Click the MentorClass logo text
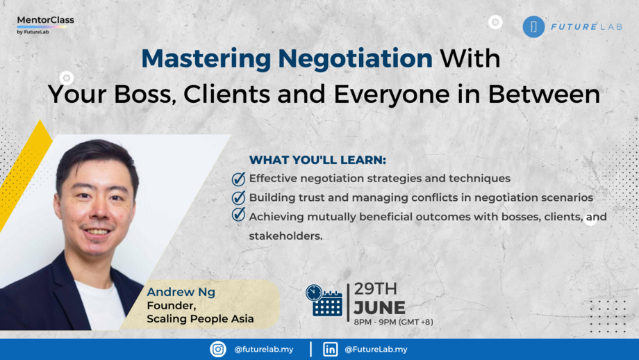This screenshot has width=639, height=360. tap(45, 20)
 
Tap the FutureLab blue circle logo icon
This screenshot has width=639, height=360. tap(533, 26)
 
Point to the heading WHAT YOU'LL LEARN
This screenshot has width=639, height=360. tap(317, 159)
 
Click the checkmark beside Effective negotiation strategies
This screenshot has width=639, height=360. tap(238, 179)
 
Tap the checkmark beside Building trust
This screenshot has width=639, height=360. tap(238, 197)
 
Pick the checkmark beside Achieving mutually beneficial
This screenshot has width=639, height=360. tap(238, 215)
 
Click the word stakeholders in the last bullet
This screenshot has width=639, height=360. tap(286, 236)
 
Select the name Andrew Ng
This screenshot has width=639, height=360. tap(181, 292)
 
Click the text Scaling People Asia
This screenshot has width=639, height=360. tap(200, 319)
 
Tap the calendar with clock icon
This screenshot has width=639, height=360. tap(324, 300)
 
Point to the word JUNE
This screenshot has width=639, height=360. tap(379, 306)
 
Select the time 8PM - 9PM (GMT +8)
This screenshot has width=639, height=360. tap(394, 322)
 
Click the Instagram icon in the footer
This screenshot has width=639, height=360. tap(218, 350)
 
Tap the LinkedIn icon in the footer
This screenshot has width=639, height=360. tap(331, 350)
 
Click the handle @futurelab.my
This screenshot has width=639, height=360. tap(263, 350)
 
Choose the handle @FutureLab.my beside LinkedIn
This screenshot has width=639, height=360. tap(376, 350)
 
